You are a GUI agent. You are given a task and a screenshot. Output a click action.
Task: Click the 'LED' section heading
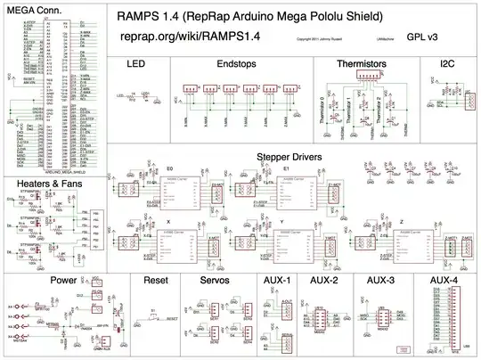click(136, 65)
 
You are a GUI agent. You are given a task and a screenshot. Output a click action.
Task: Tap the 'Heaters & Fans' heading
click(50, 184)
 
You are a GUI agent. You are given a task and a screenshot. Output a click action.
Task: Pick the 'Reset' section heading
click(155, 280)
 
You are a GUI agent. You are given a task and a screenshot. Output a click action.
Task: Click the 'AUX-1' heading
click(278, 280)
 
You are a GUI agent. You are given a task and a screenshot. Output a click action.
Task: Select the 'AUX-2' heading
click(324, 280)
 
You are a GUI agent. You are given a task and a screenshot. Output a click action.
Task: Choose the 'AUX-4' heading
click(444, 280)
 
